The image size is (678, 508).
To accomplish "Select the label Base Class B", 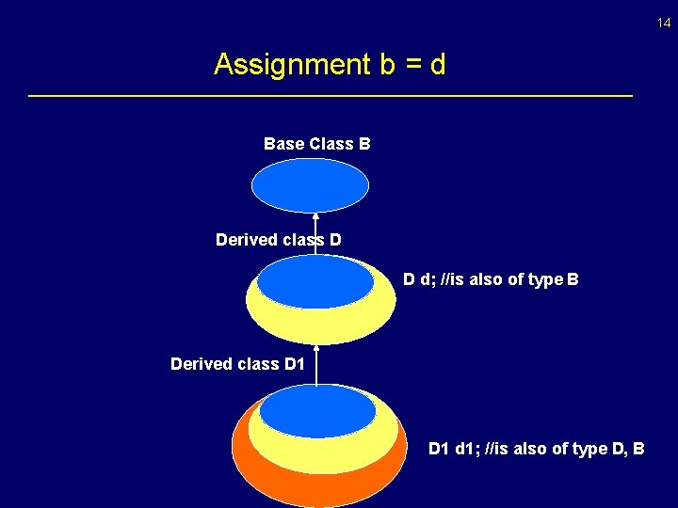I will (316, 144).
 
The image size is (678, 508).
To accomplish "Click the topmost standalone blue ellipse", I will (310, 185).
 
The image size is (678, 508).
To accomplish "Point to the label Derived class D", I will (278, 240).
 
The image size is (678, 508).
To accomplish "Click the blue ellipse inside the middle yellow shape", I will (315, 282).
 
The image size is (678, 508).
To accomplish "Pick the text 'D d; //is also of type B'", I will (491, 279).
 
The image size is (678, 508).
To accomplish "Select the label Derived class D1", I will (237, 363).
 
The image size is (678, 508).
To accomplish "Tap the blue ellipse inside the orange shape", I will (317, 412).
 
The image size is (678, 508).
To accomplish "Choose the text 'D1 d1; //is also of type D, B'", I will (536, 449).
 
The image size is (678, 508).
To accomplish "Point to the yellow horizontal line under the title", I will (331, 96).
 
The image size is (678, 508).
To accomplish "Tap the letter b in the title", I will (385, 65).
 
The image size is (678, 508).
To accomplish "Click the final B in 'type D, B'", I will (638, 449).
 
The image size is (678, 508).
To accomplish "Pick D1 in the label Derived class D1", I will (294, 363).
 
